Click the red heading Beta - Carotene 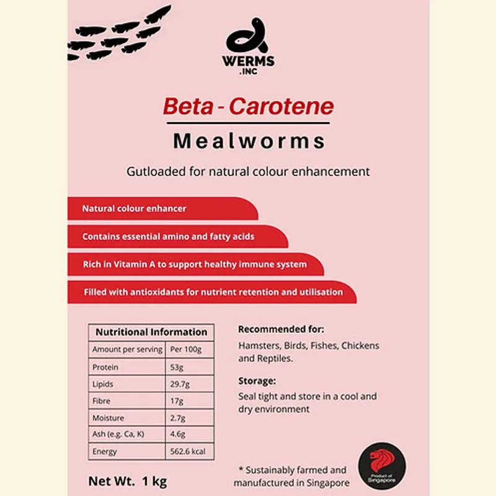click(x=248, y=107)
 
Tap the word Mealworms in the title click(x=249, y=141)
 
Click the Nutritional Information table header click(x=151, y=332)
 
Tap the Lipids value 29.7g click(x=180, y=384)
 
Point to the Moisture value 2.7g click(x=178, y=418)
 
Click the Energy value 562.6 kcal click(x=187, y=451)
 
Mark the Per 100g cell click(x=185, y=350)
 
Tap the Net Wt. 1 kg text click(x=127, y=480)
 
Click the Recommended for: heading click(x=281, y=329)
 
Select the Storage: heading click(x=257, y=381)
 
